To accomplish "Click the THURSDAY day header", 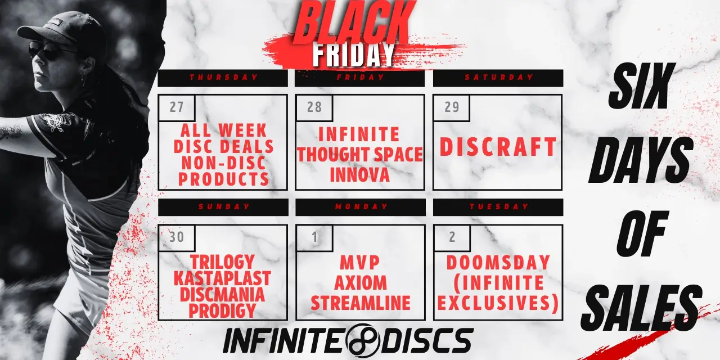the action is pos(224,78).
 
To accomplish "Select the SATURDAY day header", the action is pos(499,78).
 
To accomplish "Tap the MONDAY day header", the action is pos(361,206).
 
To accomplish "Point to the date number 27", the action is pos(177,107).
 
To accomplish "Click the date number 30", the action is pos(177,237).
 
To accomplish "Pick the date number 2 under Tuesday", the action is pos(452,237).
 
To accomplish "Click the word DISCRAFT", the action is pos(498,147).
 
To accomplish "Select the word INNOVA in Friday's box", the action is pos(359,175).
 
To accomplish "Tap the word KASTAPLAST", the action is pos(222,278).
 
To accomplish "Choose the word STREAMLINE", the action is pos(361,303).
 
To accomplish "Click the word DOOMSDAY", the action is pos(498,263).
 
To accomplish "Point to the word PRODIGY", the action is pos(222,310).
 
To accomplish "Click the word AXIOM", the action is pos(361,283).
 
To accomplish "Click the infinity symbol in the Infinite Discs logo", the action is pos(363,341).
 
